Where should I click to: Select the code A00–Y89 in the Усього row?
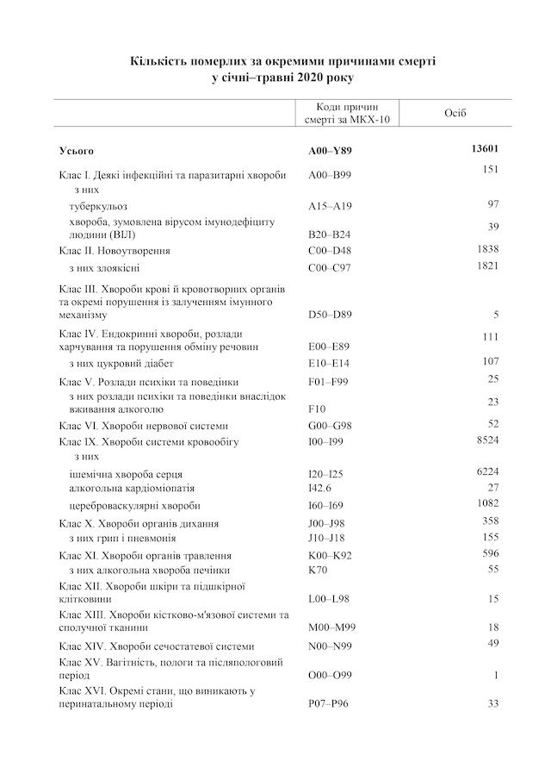[331, 151]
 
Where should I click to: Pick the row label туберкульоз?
[98, 206]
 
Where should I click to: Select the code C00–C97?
[330, 268]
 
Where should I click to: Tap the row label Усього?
[77, 151]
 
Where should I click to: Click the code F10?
[316, 409]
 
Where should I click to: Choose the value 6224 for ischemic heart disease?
[487, 471]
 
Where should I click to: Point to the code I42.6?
[319, 488]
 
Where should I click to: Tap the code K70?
[317, 571]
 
